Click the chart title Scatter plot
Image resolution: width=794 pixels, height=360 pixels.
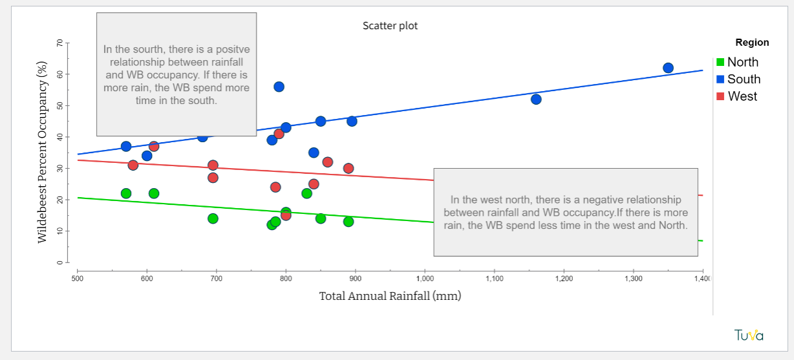click(x=390, y=26)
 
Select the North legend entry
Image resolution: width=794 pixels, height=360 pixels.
click(x=742, y=62)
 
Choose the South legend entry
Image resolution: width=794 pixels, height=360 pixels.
click(x=744, y=79)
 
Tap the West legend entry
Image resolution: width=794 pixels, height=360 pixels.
click(x=742, y=96)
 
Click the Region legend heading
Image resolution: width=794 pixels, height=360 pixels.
click(x=752, y=43)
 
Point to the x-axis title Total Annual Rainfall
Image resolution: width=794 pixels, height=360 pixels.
click(x=390, y=296)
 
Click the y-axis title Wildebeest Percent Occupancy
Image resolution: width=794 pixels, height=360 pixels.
click(x=43, y=152)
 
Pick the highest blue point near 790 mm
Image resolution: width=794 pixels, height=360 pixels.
click(x=279, y=87)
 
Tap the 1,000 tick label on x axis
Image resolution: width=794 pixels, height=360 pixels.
click(x=425, y=279)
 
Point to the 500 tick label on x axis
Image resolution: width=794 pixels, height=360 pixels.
click(x=77, y=279)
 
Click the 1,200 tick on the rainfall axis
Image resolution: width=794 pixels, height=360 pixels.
click(x=564, y=279)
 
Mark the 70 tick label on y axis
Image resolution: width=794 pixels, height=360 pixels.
click(x=60, y=43)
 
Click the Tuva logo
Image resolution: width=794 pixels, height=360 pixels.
click(x=749, y=335)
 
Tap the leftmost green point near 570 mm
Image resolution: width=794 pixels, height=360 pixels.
click(x=126, y=193)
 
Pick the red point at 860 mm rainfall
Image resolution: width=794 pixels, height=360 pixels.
click(x=327, y=162)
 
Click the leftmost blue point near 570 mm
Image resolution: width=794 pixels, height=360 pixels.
click(x=126, y=147)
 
